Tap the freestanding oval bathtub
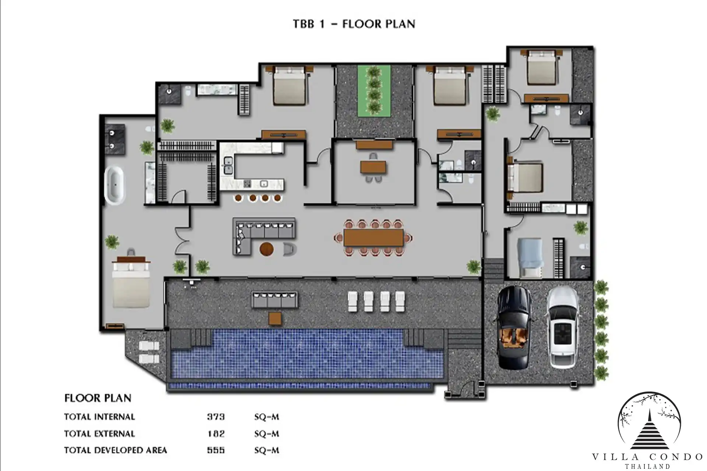[x=115, y=185]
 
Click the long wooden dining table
[x=373, y=238]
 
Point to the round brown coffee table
[x=267, y=249]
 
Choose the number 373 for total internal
[x=216, y=417]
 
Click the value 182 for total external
[x=216, y=433]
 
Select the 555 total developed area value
[x=216, y=450]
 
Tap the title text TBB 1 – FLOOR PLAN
[x=354, y=24]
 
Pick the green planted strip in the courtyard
[x=374, y=90]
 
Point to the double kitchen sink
[x=228, y=164]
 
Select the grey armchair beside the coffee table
[x=290, y=249]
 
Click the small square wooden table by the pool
[x=275, y=318]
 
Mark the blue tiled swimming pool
[x=307, y=354]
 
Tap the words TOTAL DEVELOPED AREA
[x=116, y=450]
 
